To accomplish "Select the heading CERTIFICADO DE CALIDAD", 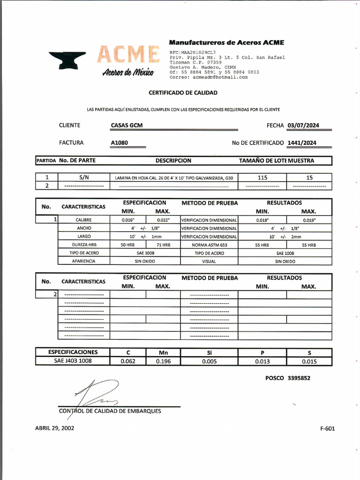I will point(183,93).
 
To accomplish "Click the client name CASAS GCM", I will point(127,125).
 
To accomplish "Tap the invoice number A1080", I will point(120,142).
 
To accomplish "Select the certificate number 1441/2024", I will point(302,142).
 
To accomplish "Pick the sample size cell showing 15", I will point(309,178).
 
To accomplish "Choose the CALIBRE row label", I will point(83,220).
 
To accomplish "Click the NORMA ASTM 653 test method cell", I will point(209,245).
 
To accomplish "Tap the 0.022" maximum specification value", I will point(163,220).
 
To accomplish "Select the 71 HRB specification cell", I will point(163,245).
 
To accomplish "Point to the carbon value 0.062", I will point(127,361).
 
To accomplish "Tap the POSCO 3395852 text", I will point(287,378).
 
